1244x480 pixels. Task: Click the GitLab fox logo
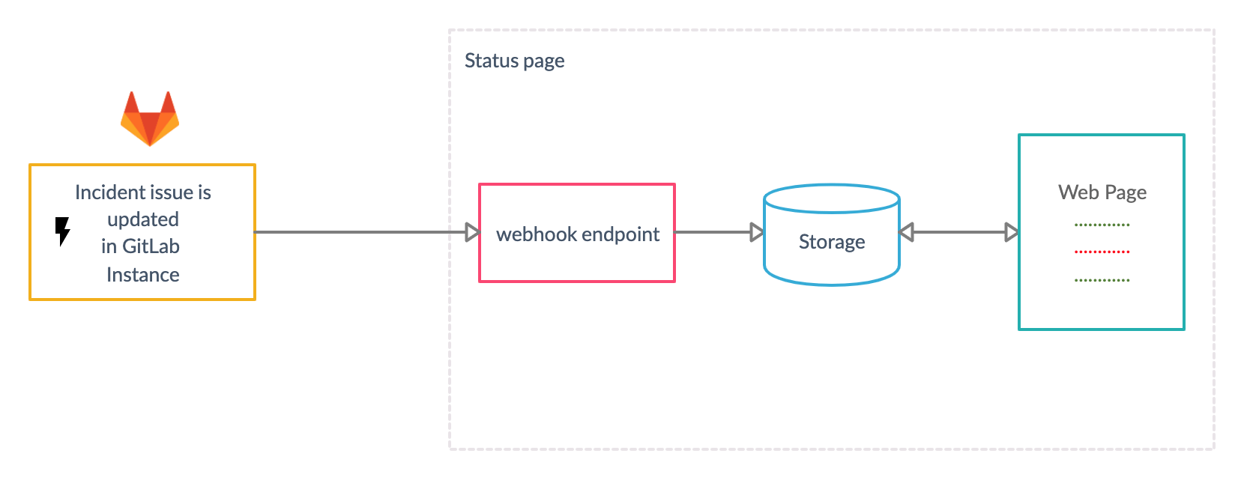point(150,120)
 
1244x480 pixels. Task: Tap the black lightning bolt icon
point(63,231)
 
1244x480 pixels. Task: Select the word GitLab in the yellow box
point(151,246)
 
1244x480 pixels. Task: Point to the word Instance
point(143,275)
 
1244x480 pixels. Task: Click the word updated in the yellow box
point(143,219)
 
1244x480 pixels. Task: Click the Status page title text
point(514,61)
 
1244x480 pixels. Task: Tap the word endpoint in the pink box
point(621,234)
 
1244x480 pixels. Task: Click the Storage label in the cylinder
point(832,242)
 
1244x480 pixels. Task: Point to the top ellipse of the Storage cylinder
point(832,198)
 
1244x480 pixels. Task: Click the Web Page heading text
point(1102,192)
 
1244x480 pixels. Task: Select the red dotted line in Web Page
point(1102,252)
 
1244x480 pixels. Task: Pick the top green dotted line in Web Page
point(1102,225)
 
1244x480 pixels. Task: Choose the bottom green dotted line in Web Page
point(1102,280)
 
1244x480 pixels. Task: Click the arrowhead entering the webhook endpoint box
point(472,232)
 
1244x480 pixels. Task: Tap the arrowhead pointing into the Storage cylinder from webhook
point(757,232)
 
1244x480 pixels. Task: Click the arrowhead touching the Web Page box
point(1012,232)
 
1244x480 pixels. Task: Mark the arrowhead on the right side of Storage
point(907,232)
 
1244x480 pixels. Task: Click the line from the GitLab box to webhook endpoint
point(360,232)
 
